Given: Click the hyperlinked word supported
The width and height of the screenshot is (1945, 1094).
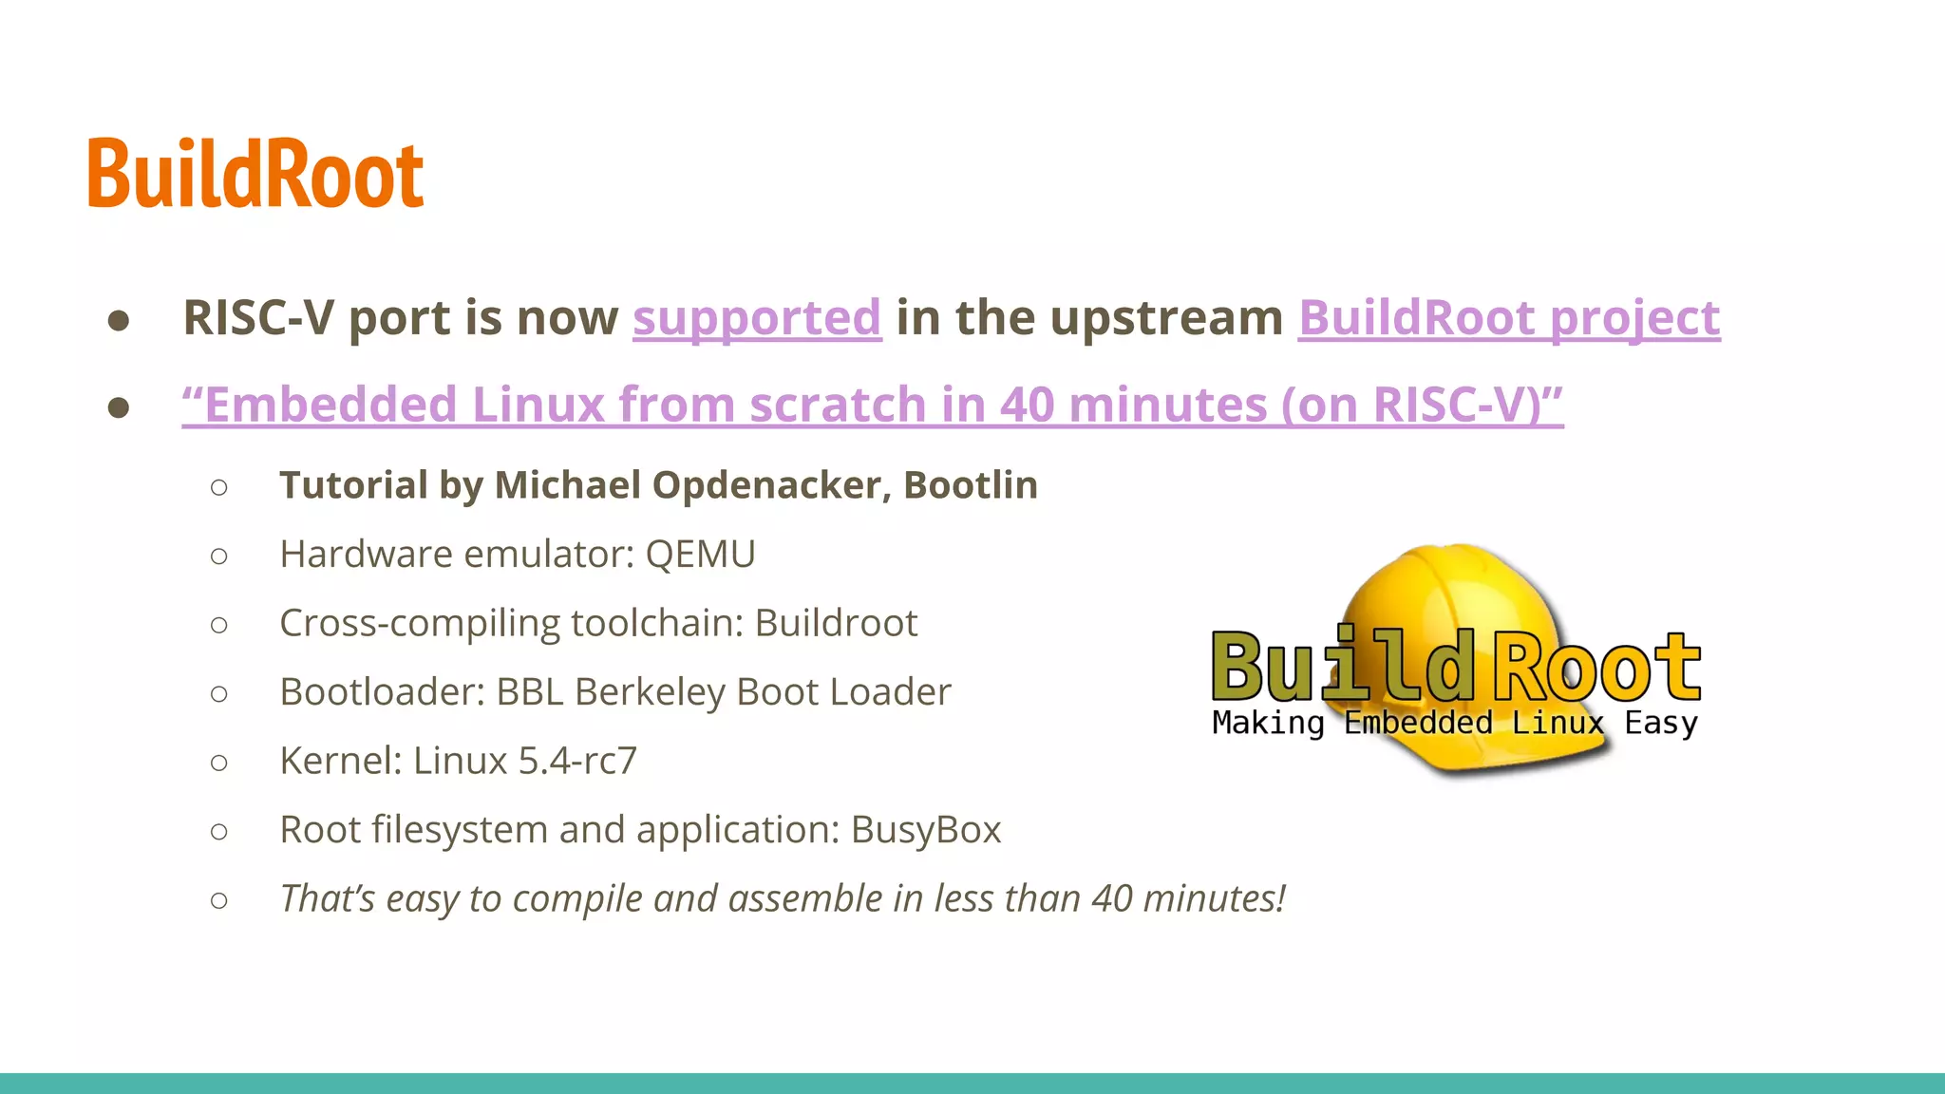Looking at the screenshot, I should [757, 317].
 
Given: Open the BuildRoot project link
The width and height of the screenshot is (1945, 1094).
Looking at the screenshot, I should [1508, 317].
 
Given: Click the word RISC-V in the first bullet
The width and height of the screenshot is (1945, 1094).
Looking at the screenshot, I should [258, 317].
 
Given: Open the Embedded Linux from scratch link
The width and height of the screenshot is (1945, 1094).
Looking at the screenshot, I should [872, 405].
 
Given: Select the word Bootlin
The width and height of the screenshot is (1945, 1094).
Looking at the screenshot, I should [970, 485].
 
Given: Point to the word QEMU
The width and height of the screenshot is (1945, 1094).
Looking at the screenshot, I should [700, 555].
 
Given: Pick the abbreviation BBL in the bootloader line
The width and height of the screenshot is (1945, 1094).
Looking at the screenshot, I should [530, 692].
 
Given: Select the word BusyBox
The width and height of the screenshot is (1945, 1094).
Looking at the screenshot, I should [925, 830].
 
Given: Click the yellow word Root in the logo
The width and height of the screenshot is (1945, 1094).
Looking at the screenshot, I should [1596, 667].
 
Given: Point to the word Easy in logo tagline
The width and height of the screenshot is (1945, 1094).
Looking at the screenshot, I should [1660, 724].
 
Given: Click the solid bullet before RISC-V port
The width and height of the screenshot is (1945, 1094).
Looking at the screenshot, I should [119, 320].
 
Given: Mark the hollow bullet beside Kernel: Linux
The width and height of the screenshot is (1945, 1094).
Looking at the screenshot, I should [219, 763].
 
